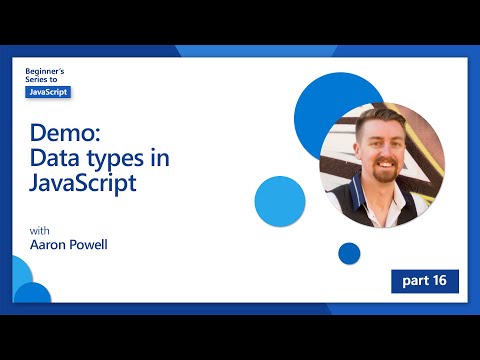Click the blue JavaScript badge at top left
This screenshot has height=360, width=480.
coord(48,91)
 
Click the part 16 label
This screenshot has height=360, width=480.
coord(425,281)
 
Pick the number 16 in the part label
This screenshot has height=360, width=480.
coord(440,281)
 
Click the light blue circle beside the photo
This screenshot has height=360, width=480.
coord(280,200)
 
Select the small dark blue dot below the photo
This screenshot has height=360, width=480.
coord(349,253)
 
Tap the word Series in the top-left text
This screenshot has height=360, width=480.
coord(38,80)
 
